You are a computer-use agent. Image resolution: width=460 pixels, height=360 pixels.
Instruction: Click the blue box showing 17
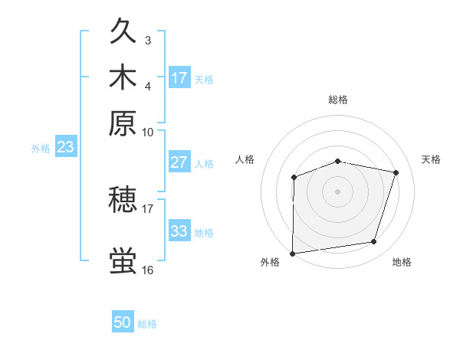click(179, 78)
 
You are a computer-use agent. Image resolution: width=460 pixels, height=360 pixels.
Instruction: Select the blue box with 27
click(179, 162)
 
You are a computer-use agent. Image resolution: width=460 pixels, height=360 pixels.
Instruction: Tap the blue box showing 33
click(179, 231)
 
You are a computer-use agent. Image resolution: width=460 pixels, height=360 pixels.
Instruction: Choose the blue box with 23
click(65, 147)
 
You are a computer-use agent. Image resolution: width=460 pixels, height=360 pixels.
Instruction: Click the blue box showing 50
click(123, 323)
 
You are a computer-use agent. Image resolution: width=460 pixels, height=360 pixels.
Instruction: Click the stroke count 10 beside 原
click(148, 132)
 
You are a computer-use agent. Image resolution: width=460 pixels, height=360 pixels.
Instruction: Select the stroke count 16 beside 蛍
click(148, 270)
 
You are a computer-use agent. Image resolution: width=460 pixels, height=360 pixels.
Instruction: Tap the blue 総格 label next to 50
click(147, 324)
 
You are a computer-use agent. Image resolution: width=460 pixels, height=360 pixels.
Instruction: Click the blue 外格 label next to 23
click(41, 149)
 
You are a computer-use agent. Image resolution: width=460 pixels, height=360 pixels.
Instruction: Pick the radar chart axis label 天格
click(431, 159)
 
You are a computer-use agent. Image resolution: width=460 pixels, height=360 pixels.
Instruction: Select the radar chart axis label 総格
click(337, 100)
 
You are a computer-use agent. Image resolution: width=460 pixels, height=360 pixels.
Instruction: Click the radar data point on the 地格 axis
click(374, 242)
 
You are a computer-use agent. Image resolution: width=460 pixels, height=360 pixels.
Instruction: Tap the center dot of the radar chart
click(337, 191)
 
